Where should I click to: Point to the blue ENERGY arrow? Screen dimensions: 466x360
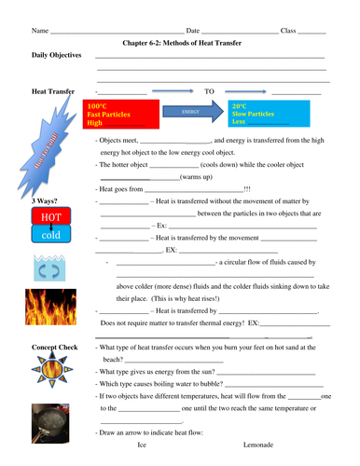click(194, 111)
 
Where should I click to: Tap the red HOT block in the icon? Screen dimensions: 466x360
click(49, 217)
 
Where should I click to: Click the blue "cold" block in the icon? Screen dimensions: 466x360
click(49, 235)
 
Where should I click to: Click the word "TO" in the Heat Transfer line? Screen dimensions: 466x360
click(210, 91)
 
